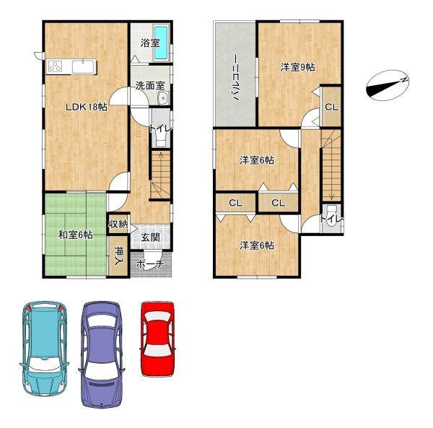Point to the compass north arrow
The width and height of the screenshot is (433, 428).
pyautogui.click(x=388, y=86)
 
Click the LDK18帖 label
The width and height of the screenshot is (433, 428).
pyautogui.click(x=87, y=106)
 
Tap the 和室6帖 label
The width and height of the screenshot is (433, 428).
pyautogui.click(x=75, y=234)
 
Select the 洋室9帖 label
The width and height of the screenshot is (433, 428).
pyautogui.click(x=297, y=67)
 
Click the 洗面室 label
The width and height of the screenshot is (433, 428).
pyautogui.click(x=150, y=86)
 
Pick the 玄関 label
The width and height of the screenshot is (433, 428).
pyautogui.click(x=150, y=237)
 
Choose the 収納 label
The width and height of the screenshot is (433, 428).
pyautogui.click(x=118, y=224)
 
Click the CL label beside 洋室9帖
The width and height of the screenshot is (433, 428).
pyautogui.click(x=331, y=107)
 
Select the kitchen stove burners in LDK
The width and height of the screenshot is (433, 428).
pyautogui.click(x=56, y=67)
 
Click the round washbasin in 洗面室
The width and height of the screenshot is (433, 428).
pyautogui.click(x=162, y=98)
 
